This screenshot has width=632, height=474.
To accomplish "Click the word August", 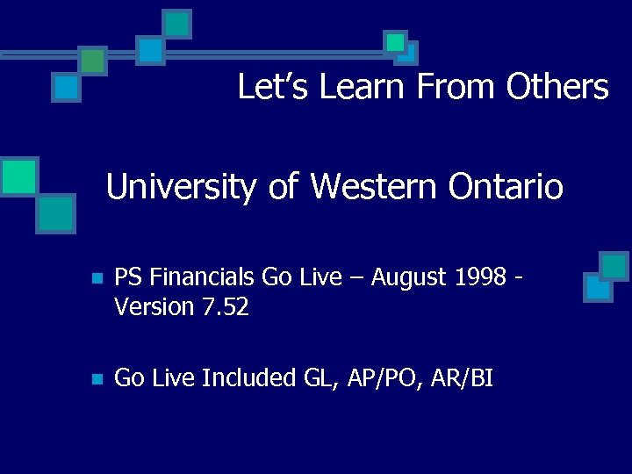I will (408, 277).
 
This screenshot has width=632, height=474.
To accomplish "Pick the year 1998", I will (480, 277).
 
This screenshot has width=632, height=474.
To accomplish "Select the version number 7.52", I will (224, 306).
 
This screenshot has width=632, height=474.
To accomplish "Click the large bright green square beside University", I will (18, 176).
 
